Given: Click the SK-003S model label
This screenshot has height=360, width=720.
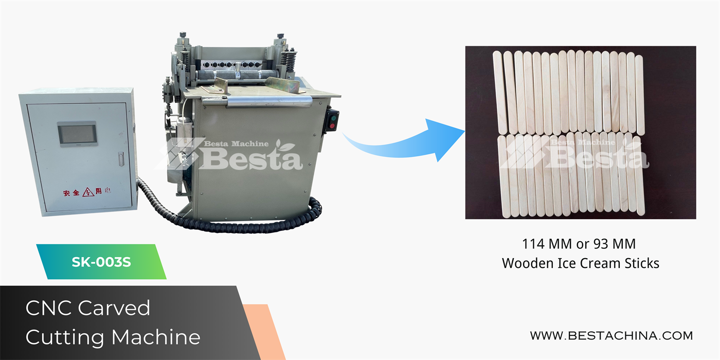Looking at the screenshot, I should pyautogui.click(x=101, y=262).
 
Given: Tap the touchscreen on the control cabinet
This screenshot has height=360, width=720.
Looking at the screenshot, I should pyautogui.click(x=77, y=134).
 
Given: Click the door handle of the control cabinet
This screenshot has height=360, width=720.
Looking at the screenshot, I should pyautogui.click(x=121, y=159).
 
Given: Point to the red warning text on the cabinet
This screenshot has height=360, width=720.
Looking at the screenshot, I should pyautogui.click(x=87, y=192).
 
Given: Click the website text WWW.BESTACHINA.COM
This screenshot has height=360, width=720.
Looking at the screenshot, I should pyautogui.click(x=611, y=336).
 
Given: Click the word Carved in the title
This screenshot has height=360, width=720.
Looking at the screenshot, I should pyautogui.click(x=114, y=308).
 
